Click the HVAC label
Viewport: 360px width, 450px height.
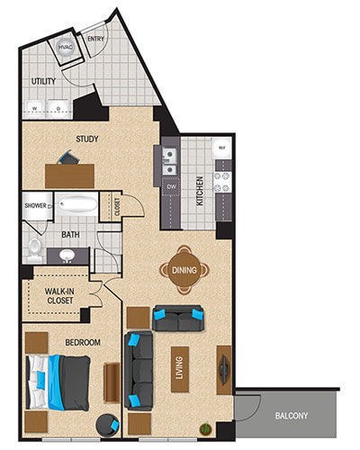pos(65,47)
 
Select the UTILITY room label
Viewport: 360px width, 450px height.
pos(43,81)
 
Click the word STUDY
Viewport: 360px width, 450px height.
pos(86,139)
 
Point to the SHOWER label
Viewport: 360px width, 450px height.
pos(35,206)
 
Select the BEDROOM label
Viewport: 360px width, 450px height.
pos(83,343)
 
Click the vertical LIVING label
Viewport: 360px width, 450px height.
pos(180,369)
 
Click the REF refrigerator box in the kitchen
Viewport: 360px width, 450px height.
pos(220,147)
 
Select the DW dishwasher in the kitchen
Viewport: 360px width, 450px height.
pos(170,186)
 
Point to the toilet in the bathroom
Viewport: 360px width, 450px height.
pos(34,246)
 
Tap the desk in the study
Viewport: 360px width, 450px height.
pos(69,175)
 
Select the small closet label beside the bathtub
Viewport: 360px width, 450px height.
pos(116,206)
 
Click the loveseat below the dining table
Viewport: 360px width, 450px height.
pos(178,319)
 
